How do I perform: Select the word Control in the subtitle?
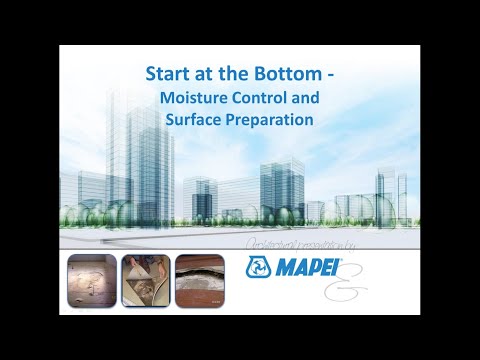pyautogui.click(x=264, y=98)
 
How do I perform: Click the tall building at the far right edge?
pyautogui.click(x=386, y=195)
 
